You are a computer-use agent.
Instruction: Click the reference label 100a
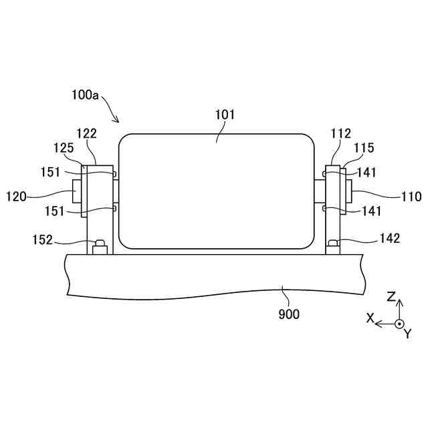point(85,95)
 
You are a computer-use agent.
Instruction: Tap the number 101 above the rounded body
point(225,114)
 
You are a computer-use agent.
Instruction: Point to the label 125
point(64,147)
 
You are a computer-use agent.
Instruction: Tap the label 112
point(340,134)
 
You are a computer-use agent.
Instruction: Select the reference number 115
point(364,148)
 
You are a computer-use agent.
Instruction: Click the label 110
point(411,197)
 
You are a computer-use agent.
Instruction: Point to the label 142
point(389,238)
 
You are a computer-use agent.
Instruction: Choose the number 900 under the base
point(289,313)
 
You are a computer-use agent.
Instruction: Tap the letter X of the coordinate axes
point(369,319)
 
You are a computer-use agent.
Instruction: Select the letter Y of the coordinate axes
point(407,334)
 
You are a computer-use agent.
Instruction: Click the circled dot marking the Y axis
point(399,324)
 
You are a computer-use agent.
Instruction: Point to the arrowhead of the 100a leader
point(118,122)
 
